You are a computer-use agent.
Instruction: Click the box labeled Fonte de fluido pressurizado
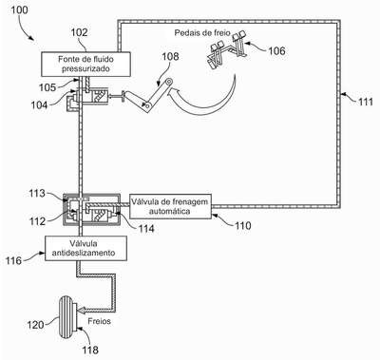pyautogui.click(x=85, y=64)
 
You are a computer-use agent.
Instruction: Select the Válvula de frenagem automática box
pyautogui.click(x=170, y=206)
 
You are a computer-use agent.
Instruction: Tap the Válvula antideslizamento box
pyautogui.click(x=85, y=248)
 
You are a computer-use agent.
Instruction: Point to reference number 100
pyautogui.click(x=19, y=10)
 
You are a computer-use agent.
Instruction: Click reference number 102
pyautogui.click(x=79, y=32)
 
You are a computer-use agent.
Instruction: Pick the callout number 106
pyautogui.click(x=276, y=50)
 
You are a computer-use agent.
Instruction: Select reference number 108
pyautogui.click(x=170, y=56)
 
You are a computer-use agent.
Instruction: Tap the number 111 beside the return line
pyautogui.click(x=366, y=102)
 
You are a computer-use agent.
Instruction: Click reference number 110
pyautogui.click(x=242, y=226)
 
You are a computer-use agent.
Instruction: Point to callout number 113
pyautogui.click(x=37, y=193)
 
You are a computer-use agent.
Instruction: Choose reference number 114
pyautogui.click(x=145, y=228)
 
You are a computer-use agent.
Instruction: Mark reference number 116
pyautogui.click(x=13, y=260)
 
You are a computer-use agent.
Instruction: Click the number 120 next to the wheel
pyautogui.click(x=35, y=325)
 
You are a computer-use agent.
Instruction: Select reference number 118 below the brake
pyautogui.click(x=89, y=350)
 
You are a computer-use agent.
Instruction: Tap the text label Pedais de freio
pyautogui.click(x=202, y=33)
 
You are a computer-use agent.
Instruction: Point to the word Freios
pyautogui.click(x=99, y=321)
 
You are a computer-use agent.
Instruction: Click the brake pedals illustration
pyautogui.click(x=227, y=48)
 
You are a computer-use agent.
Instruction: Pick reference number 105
pyautogui.click(x=47, y=87)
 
